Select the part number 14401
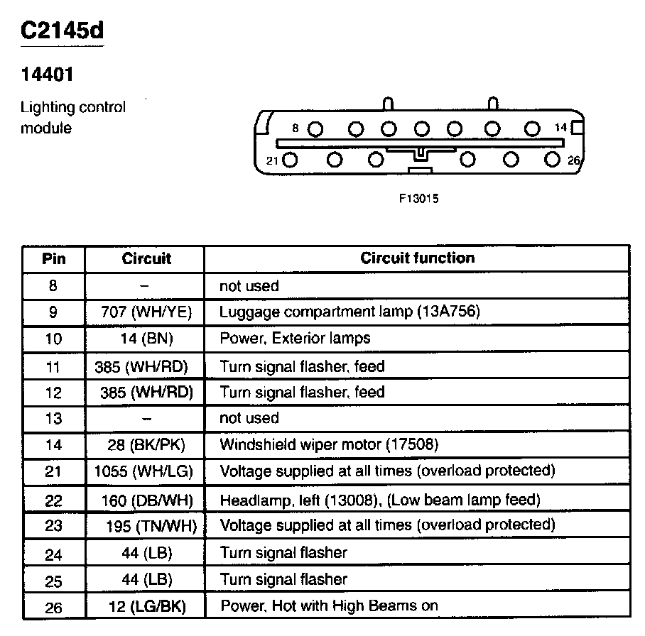coord(47,74)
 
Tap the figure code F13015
coord(419,199)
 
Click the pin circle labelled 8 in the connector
coord(316,129)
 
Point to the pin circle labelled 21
coord(290,160)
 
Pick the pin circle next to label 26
coord(553,160)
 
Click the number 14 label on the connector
coord(561,128)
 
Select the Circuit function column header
coord(417,258)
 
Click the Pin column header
coord(54,258)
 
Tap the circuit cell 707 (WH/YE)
coord(145,312)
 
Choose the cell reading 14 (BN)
coord(145,339)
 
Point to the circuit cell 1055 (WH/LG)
coord(145,471)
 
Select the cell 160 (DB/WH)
coord(145,500)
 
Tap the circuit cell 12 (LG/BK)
coord(145,606)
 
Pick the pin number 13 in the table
coord(54,419)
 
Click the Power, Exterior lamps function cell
coord(295,339)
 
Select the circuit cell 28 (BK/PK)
coord(145,445)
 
